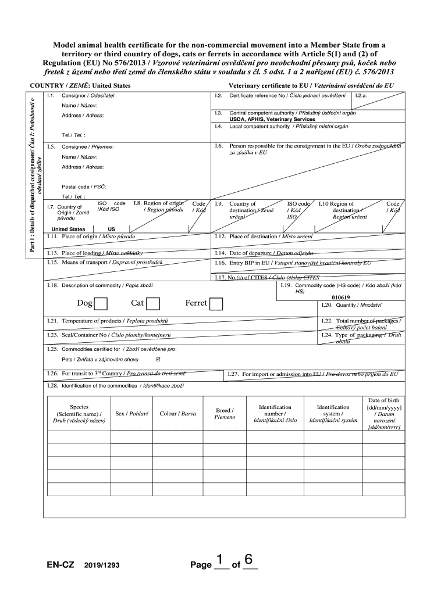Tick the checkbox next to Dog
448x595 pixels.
(x=101, y=303)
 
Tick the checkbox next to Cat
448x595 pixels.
(x=154, y=303)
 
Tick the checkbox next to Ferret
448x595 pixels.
(x=216, y=303)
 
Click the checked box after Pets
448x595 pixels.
(x=157, y=359)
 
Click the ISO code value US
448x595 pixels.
(x=111, y=229)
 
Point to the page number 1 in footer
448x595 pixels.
(x=220, y=560)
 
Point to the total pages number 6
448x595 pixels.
(x=249, y=560)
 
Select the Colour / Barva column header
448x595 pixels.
(x=177, y=414)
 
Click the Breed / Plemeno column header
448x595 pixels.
(x=225, y=413)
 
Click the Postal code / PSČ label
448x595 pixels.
(x=84, y=187)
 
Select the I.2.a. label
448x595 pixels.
(x=361, y=95)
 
